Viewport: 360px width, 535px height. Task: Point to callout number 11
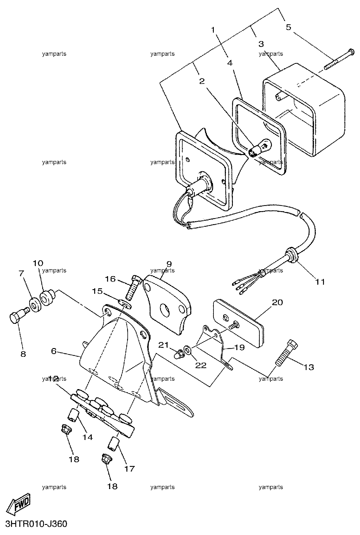320,282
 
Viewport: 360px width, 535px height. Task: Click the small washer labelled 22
188,350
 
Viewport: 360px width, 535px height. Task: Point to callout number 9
169,263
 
